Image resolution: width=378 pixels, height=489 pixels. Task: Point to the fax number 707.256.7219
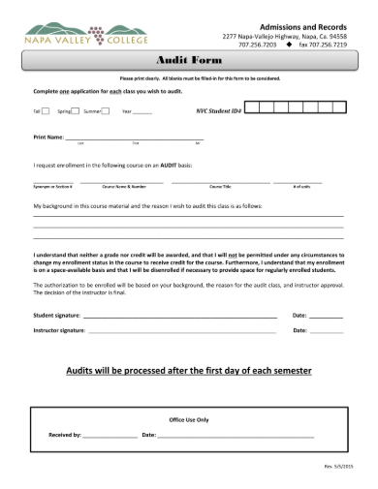coord(326,45)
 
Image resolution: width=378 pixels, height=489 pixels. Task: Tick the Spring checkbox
coord(77,111)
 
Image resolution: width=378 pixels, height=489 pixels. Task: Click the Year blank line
coord(142,113)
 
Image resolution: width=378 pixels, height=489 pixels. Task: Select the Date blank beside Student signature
coord(326,317)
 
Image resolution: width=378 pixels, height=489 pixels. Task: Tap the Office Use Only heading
coord(188,420)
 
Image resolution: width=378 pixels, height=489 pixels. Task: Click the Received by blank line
coord(110,437)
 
